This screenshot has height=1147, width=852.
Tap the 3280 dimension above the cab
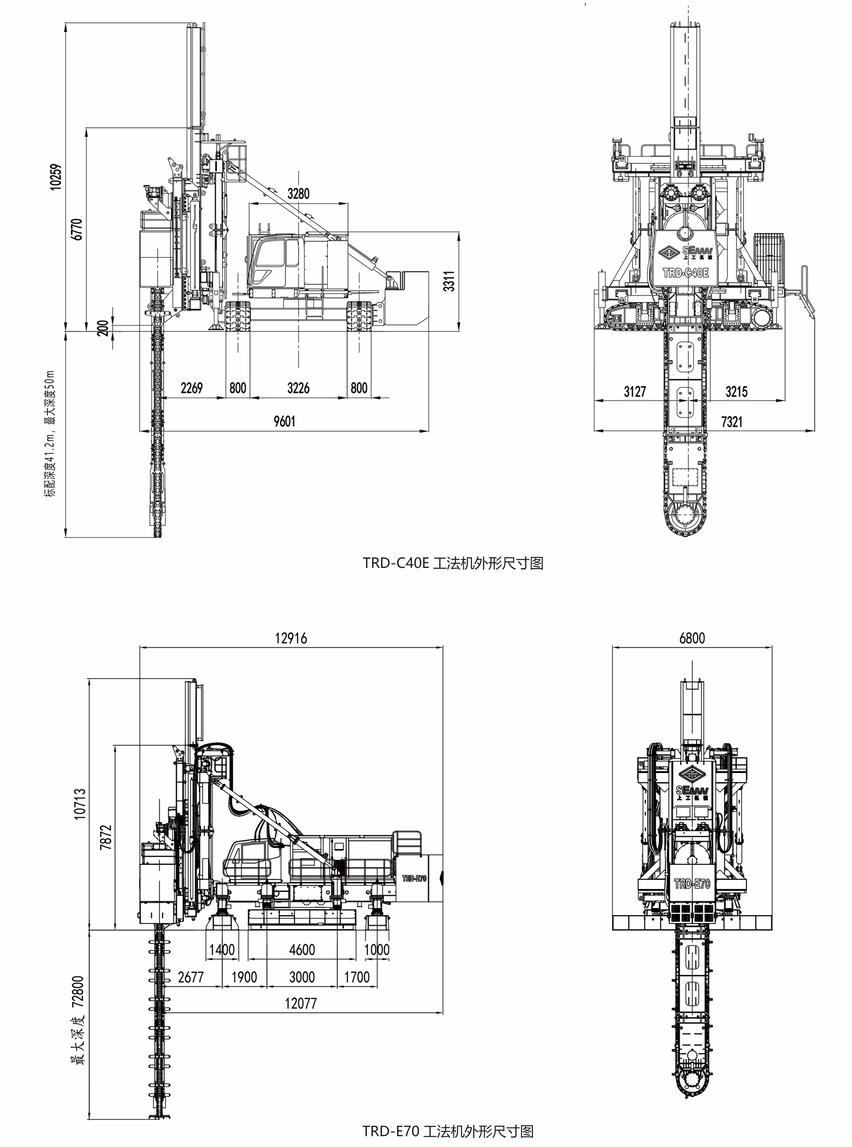[x=299, y=193]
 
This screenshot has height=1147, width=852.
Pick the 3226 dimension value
[x=299, y=387]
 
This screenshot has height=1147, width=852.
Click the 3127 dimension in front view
[x=635, y=392]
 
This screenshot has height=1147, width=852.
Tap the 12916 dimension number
[x=291, y=638]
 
